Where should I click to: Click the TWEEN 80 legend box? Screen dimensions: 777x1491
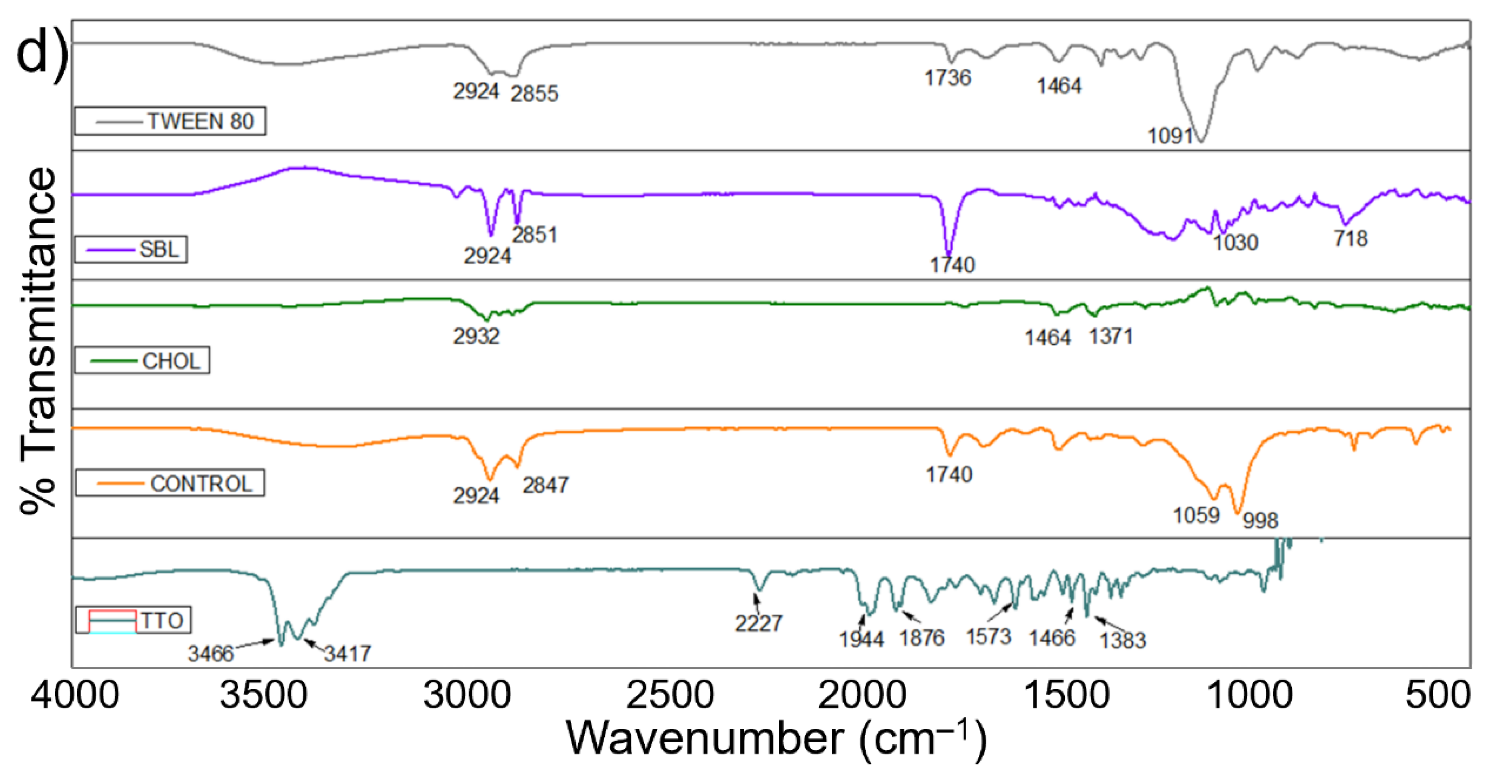[x=170, y=121]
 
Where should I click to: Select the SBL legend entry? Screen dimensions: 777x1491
[x=131, y=249]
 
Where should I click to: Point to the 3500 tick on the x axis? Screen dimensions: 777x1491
[x=263, y=694]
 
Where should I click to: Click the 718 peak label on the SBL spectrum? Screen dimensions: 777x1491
[x=1351, y=238]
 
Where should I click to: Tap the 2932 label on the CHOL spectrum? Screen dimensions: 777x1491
[x=476, y=336]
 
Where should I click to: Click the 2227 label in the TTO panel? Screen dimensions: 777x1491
[x=758, y=623]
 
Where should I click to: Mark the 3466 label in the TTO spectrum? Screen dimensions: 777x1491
[x=210, y=654]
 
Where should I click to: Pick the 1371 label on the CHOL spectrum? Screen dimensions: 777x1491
[x=1110, y=336]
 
